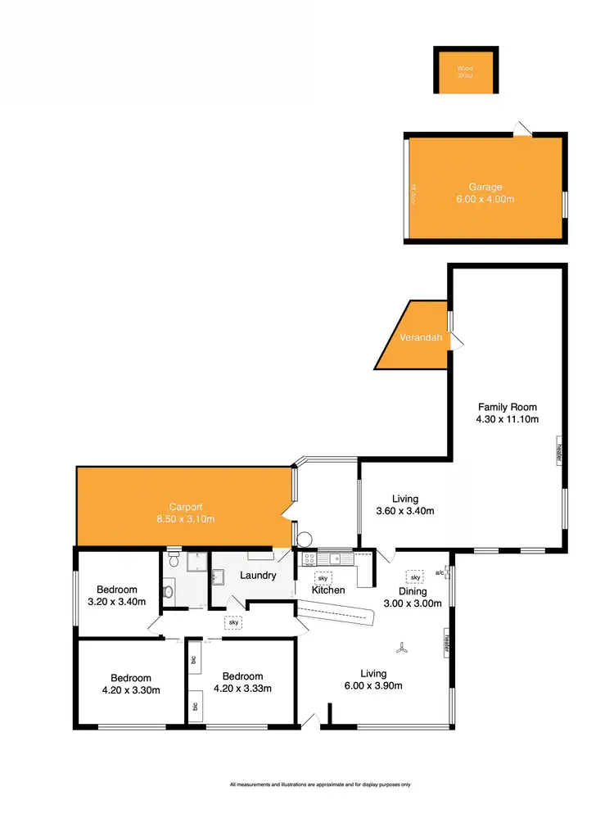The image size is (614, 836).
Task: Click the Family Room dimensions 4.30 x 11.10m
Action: point(508,419)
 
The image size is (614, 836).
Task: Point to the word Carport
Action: point(186,506)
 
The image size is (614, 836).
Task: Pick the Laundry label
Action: point(257,576)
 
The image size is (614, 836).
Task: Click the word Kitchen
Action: point(328,590)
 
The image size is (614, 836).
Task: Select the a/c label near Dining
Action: point(440,572)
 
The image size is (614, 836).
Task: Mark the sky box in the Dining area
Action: point(416,575)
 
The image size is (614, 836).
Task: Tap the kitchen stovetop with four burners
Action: point(309,558)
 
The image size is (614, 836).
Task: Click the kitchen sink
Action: point(336,558)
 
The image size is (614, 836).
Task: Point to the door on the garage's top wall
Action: point(521,129)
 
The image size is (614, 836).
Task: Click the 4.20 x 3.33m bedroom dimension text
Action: point(242,689)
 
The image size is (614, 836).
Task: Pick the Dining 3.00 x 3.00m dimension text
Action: point(413,603)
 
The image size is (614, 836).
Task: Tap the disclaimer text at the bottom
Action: point(320,784)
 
